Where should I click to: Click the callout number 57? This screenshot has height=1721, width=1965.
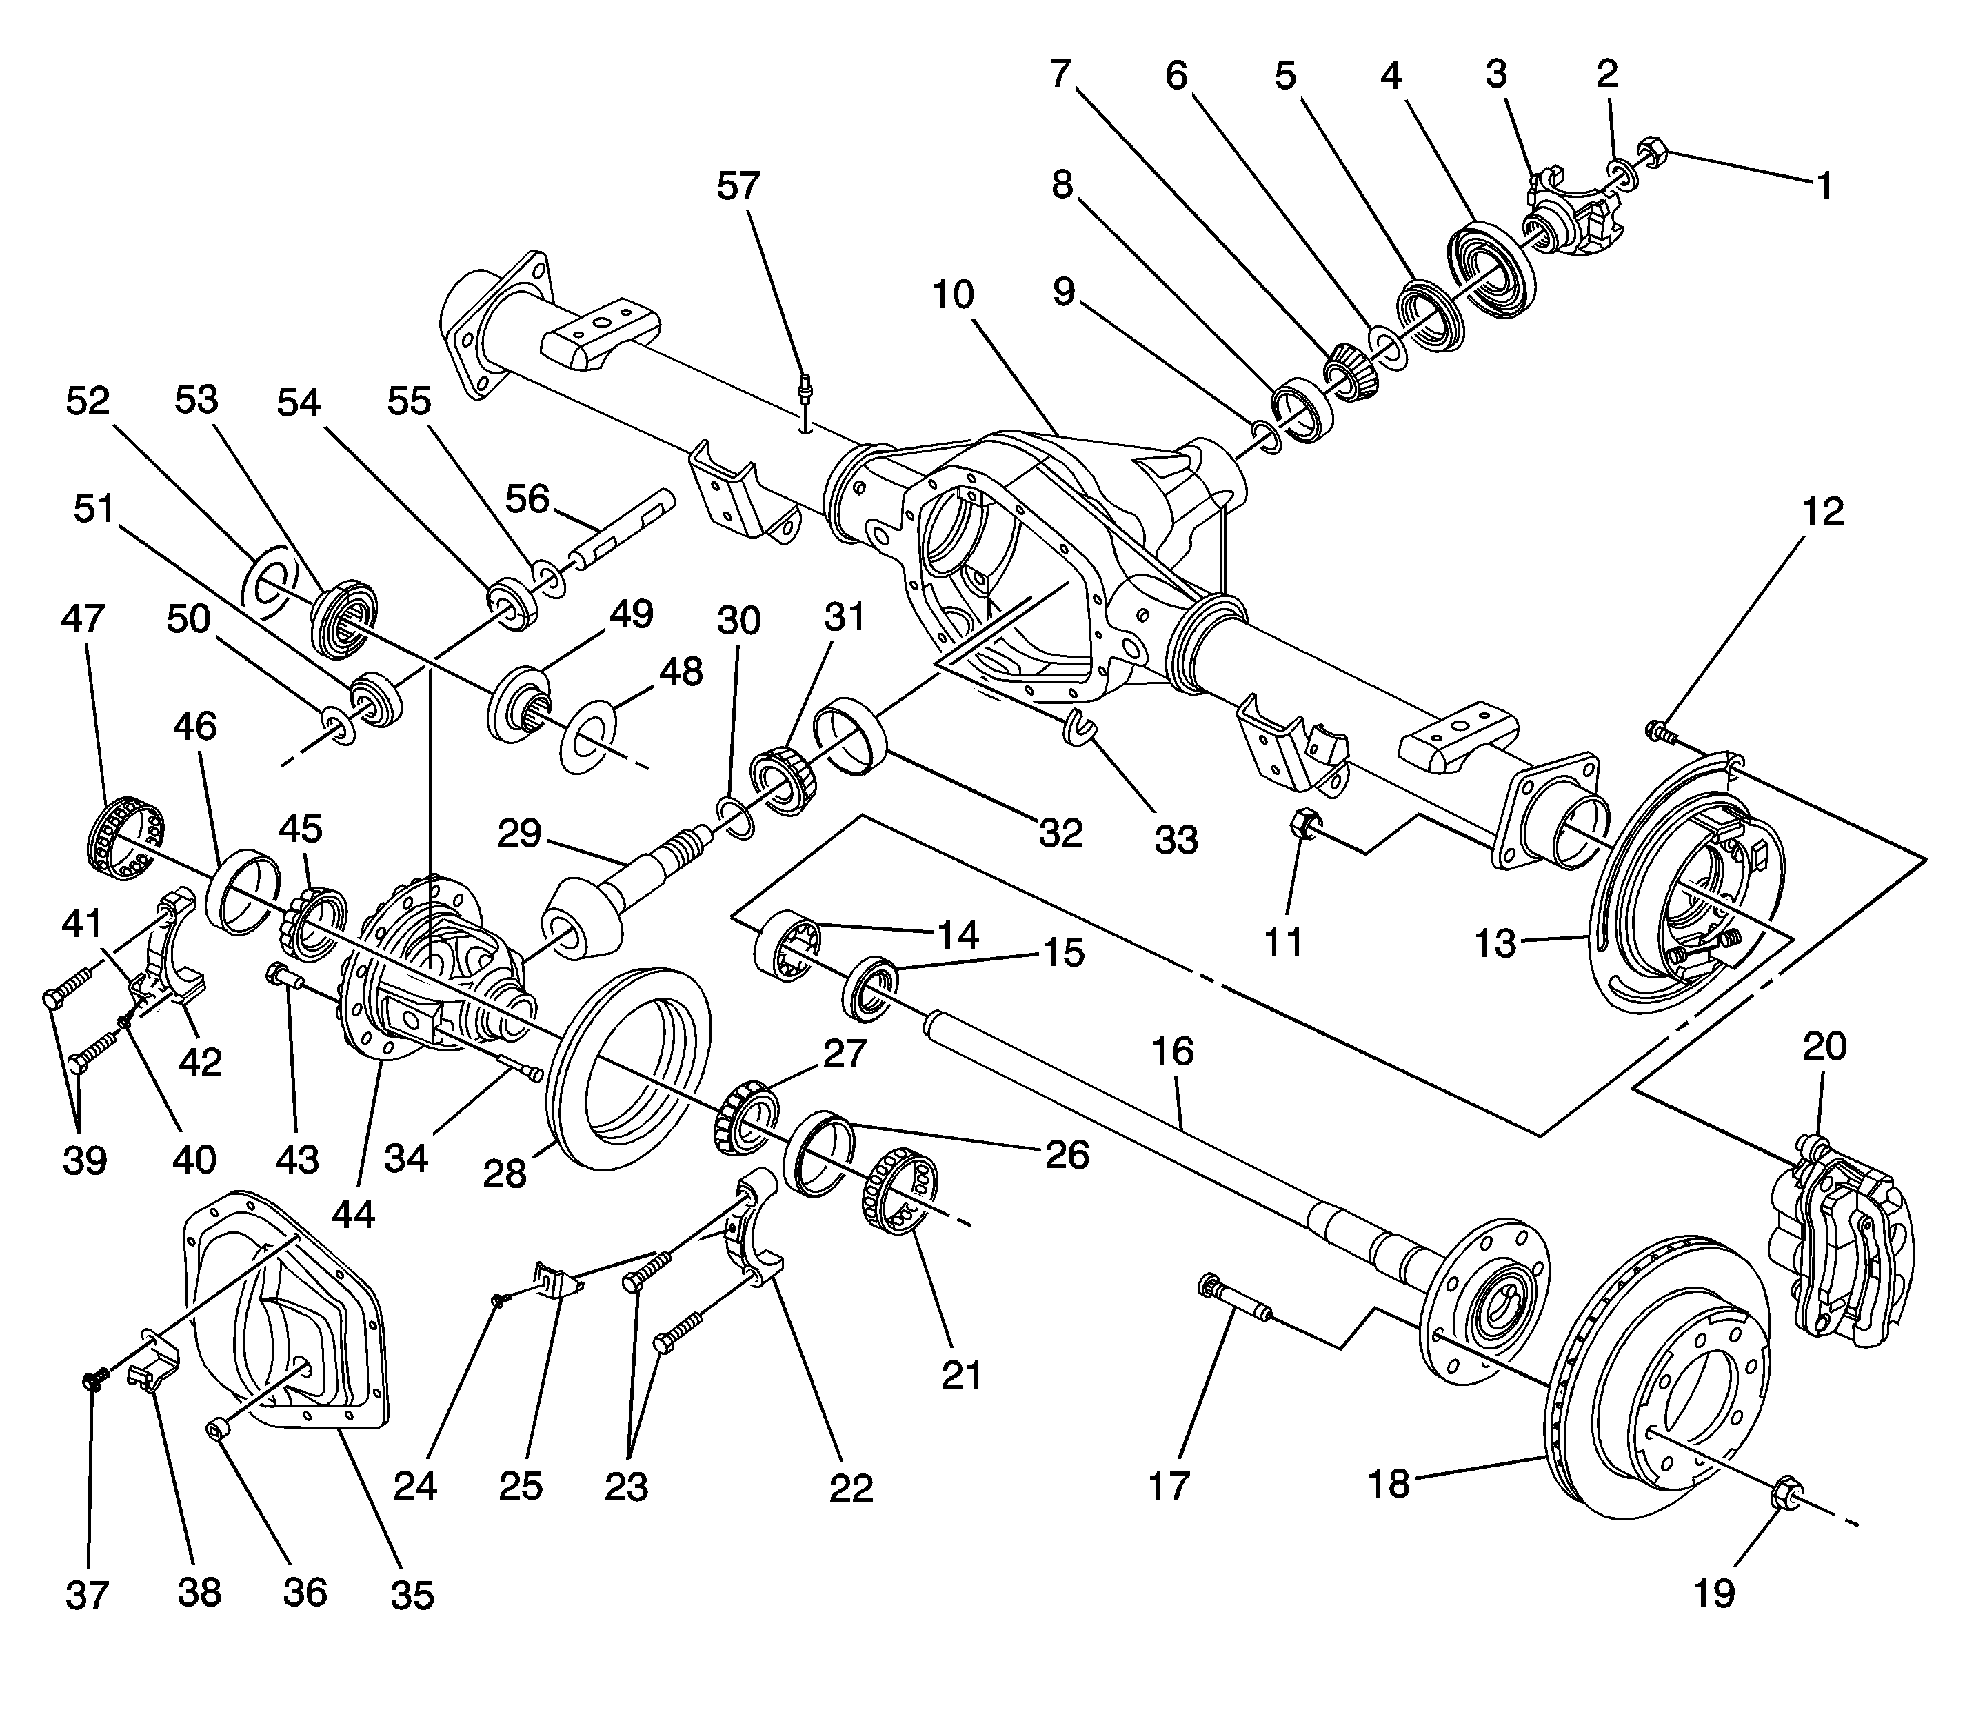(738, 186)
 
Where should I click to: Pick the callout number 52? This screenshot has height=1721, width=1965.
(88, 401)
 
